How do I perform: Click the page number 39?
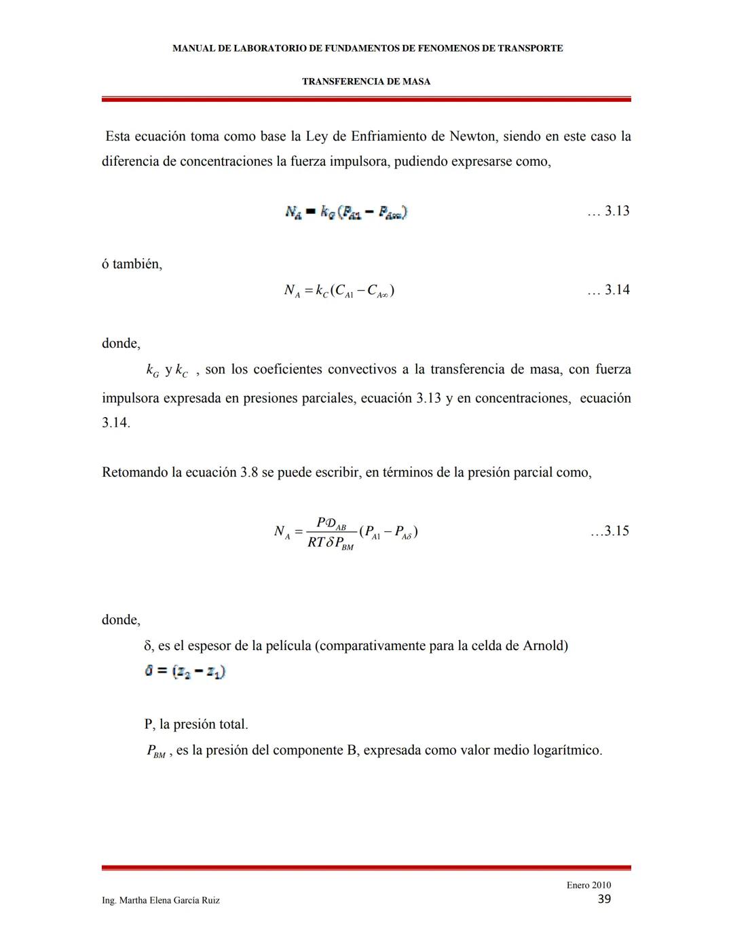(604, 899)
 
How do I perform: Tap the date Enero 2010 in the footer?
(588, 884)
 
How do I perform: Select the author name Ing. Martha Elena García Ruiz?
(161, 900)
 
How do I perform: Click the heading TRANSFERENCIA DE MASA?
(366, 82)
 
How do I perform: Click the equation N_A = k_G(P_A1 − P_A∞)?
(346, 213)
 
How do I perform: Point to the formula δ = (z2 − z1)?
(185, 671)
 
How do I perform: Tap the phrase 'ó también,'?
(132, 264)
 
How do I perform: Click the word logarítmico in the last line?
(567, 751)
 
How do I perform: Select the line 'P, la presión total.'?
(196, 724)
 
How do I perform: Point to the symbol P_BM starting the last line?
(155, 751)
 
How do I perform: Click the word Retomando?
(134, 473)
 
